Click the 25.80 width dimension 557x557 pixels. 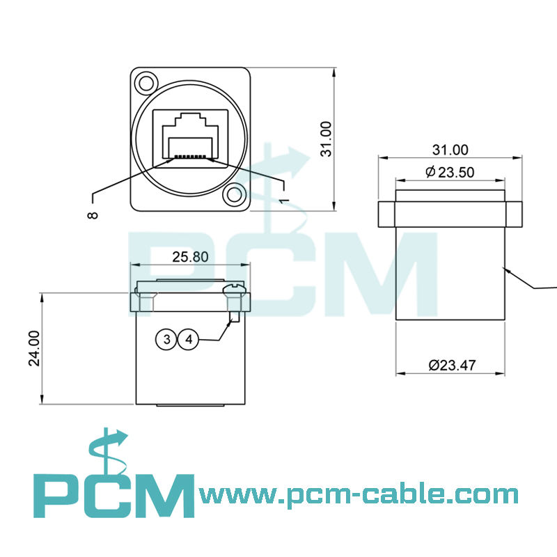(x=190, y=257)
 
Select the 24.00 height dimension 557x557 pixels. (x=35, y=348)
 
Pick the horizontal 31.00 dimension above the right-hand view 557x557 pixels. (x=450, y=149)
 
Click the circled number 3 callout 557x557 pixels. (x=166, y=340)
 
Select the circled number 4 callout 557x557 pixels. (x=189, y=340)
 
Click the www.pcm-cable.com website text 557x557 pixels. (x=359, y=495)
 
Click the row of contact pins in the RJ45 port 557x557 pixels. (x=190, y=157)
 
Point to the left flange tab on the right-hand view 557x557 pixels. (x=387, y=214)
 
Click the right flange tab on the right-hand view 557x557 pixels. (x=513, y=214)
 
